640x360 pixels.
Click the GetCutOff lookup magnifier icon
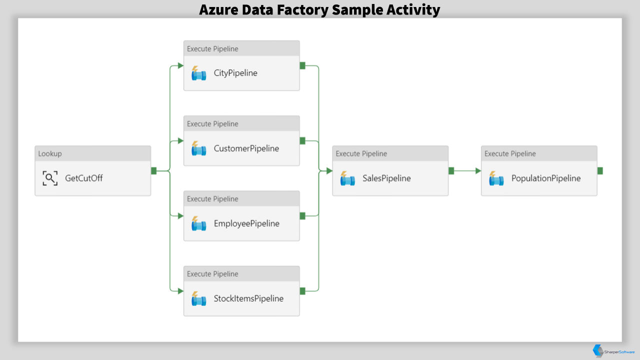pos(50,178)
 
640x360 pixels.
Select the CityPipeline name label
pos(235,73)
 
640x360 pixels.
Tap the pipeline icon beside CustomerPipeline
pos(198,148)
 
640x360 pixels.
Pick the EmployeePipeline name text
pos(246,223)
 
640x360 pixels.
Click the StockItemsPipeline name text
pos(248,298)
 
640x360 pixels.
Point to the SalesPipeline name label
pos(386,178)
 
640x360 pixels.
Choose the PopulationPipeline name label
pos(546,178)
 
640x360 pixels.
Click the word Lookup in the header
pos(50,153)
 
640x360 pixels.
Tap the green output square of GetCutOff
pos(153,171)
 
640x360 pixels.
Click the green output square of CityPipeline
pos(302,65)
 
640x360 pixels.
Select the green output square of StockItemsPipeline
pos(302,291)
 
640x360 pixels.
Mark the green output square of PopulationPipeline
pos(600,171)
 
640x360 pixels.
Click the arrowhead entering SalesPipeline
pos(329,171)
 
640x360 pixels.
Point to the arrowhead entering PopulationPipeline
pos(478,171)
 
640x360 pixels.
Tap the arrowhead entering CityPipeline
pos(180,65)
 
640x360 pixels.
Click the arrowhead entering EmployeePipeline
pos(180,216)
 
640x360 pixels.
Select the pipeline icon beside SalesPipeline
pos(347,178)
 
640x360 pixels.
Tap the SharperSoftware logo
pos(613,351)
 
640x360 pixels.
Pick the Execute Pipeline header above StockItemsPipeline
pos(212,274)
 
